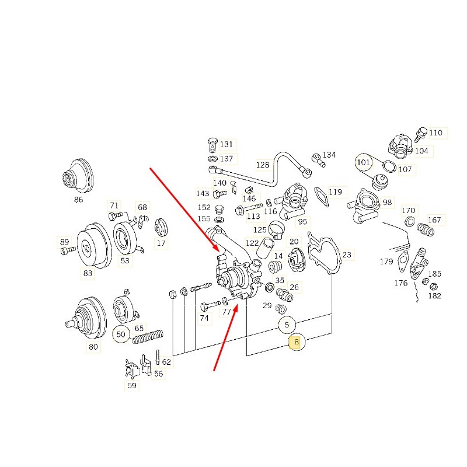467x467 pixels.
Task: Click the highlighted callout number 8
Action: click(296, 341)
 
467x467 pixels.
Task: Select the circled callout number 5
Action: click(287, 325)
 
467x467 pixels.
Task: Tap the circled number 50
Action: click(121, 334)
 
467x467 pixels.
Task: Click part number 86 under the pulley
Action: click(78, 200)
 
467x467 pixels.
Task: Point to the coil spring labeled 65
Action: click(148, 337)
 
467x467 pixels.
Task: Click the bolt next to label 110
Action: click(420, 134)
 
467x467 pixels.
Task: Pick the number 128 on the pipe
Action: click(262, 165)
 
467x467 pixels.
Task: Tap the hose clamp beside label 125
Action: click(276, 230)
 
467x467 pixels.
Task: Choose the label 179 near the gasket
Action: click(386, 262)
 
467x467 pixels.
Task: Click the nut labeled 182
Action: click(434, 287)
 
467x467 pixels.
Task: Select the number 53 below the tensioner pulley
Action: click(125, 260)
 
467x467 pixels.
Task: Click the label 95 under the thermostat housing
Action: click(302, 222)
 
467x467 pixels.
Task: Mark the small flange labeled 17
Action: click(161, 228)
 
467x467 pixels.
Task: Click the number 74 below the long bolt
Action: click(204, 318)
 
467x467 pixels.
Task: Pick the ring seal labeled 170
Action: click(410, 221)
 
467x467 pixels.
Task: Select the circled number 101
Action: click(363, 162)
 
